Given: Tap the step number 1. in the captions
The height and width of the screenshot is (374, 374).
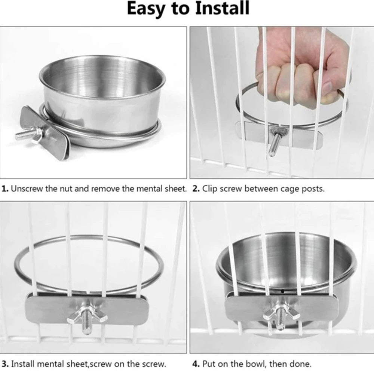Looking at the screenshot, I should pos(5,188).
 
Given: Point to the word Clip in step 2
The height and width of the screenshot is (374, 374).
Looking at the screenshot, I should pos(211,188).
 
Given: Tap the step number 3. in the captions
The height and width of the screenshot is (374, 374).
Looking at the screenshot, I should pos(5,364).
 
